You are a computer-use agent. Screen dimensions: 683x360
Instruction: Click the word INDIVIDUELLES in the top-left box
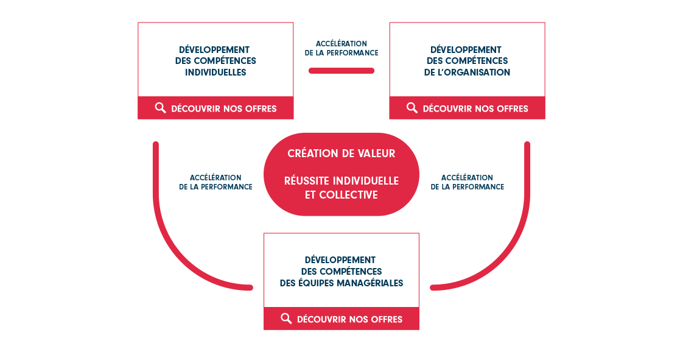tap(215, 72)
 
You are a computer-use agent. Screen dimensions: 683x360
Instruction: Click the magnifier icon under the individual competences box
tap(160, 108)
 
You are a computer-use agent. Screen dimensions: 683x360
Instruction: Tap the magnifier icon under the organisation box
tap(412, 108)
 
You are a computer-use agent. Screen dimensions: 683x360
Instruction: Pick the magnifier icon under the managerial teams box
tap(286, 319)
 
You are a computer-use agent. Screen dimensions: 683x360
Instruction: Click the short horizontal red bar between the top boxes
tap(341, 71)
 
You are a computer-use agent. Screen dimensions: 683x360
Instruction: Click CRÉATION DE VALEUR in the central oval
tap(341, 154)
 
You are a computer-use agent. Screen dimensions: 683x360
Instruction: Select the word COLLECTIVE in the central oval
tap(348, 195)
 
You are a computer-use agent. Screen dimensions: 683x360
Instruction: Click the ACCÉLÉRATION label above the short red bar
tap(341, 44)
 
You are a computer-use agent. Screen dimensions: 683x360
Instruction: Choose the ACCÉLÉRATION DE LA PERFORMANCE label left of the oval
tap(215, 182)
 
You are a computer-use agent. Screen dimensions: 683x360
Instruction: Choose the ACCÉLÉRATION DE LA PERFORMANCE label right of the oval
tap(468, 182)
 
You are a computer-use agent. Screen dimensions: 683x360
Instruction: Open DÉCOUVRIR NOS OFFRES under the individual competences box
tap(224, 108)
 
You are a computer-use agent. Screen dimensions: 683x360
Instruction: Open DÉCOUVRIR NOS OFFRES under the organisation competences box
tap(475, 108)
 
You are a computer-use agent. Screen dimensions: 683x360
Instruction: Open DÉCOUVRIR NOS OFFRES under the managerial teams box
tap(350, 319)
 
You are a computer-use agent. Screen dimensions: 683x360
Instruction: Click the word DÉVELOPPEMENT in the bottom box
tap(340, 259)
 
